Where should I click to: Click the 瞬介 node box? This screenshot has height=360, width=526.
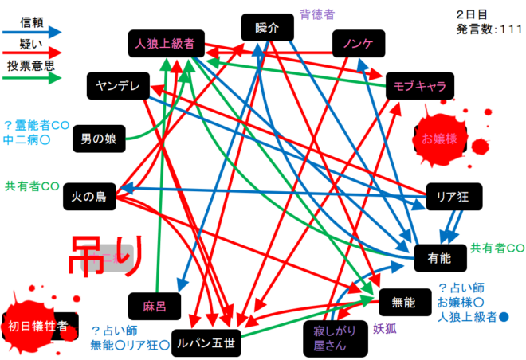click(x=267, y=28)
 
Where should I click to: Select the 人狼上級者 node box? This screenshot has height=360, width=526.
click(x=167, y=44)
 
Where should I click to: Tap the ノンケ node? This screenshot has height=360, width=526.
click(x=359, y=44)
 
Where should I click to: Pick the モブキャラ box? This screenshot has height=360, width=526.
click(x=420, y=86)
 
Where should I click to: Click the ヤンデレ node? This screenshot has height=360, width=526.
click(x=118, y=86)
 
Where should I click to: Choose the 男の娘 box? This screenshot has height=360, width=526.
click(x=100, y=139)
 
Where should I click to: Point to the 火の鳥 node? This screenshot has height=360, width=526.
click(x=89, y=197)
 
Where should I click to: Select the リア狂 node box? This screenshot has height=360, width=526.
click(x=454, y=197)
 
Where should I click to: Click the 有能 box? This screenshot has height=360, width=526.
click(x=441, y=258)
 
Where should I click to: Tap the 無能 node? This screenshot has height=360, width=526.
click(x=405, y=303)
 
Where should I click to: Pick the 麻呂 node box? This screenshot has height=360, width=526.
click(x=155, y=307)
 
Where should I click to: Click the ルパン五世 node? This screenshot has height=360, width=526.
click(x=206, y=343)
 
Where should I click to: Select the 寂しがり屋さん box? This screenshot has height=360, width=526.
click(x=336, y=338)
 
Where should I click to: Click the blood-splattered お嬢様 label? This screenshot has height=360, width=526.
click(x=439, y=139)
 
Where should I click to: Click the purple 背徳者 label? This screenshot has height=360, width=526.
click(x=317, y=14)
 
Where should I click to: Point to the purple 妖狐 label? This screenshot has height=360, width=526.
click(x=385, y=329)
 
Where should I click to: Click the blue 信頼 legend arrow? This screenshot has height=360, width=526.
click(x=32, y=33)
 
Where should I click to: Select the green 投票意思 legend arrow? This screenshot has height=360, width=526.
click(x=32, y=78)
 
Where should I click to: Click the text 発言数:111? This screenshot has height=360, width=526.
click(x=489, y=29)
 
